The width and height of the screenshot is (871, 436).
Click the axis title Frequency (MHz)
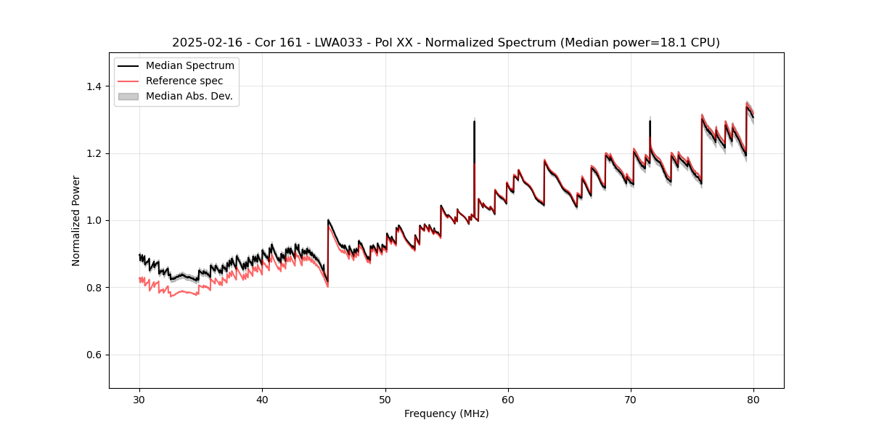point(446,413)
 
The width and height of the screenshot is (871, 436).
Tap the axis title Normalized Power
point(75,220)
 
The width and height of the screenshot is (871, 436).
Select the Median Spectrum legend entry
point(189,66)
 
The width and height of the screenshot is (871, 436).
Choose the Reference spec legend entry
point(184,81)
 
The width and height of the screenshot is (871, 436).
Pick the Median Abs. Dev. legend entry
point(189,96)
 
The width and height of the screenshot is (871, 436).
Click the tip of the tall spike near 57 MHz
point(474,121)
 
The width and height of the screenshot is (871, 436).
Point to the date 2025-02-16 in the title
point(204,43)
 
